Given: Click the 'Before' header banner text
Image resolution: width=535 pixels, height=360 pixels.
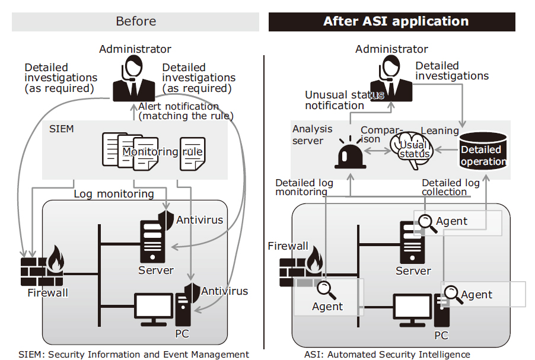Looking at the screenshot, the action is [x=136, y=21].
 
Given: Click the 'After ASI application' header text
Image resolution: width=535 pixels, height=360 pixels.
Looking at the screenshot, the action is [x=396, y=21].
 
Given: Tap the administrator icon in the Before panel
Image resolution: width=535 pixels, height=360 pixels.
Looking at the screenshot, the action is [x=134, y=78].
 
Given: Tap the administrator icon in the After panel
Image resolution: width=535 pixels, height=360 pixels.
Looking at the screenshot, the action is [x=391, y=78].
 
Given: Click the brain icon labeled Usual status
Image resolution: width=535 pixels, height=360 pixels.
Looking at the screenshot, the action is [x=412, y=150].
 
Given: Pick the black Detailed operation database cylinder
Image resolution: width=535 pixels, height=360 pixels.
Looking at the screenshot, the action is [x=483, y=151].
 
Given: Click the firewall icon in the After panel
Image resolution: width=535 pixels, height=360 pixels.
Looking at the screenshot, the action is [x=301, y=267].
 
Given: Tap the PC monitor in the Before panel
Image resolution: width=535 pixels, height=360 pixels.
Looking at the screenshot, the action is [x=154, y=310].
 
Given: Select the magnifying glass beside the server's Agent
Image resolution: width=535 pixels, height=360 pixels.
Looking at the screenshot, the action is [x=428, y=224].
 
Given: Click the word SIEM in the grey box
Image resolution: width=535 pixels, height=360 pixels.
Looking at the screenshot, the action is [x=62, y=129].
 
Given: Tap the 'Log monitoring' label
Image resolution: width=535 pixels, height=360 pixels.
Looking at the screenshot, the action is [x=114, y=194].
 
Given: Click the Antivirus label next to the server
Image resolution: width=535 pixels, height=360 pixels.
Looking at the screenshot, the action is [x=200, y=220].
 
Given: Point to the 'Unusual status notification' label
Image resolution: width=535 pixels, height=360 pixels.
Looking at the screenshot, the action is [x=345, y=100].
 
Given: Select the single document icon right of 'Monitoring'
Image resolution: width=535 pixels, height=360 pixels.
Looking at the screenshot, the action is [x=192, y=154].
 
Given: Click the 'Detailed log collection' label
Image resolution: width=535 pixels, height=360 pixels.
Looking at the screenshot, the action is [x=451, y=187].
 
